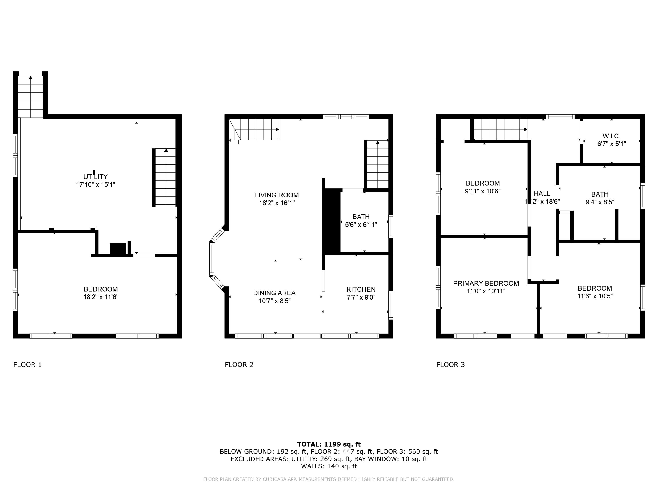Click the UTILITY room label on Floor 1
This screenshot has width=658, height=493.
[x=95, y=177]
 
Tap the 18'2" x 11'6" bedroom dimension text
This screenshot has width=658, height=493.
[x=101, y=297]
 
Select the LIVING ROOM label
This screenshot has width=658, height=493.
[x=277, y=195]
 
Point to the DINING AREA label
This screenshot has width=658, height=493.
[x=274, y=293]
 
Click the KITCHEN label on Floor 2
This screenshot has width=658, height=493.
[x=361, y=289]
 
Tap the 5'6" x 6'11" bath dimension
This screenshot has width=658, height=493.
[x=361, y=225]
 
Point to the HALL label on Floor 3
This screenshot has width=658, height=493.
[x=542, y=194]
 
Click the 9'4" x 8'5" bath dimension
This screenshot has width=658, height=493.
[x=600, y=202]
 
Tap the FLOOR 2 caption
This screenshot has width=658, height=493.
[x=239, y=365]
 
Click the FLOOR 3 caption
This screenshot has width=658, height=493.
[x=450, y=365]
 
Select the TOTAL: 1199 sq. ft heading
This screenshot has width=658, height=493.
[x=329, y=444]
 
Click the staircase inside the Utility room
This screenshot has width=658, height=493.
[x=165, y=177]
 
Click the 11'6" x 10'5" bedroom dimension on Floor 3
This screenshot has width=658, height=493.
[x=595, y=296]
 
